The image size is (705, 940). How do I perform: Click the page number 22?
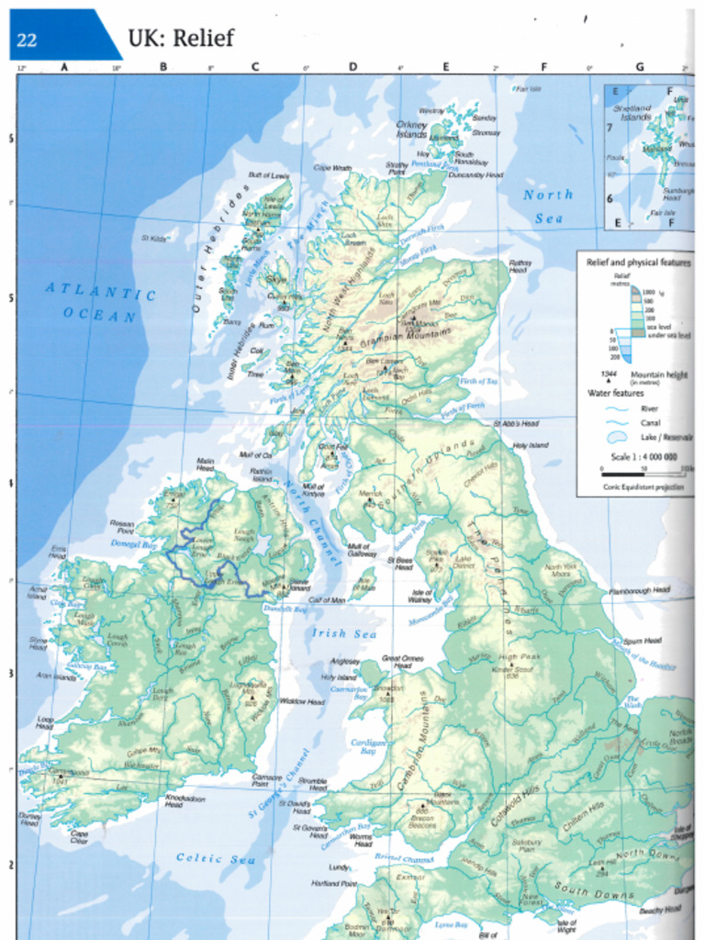[x=27, y=39]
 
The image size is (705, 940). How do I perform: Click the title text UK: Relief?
[x=180, y=38]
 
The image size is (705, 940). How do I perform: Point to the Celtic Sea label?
[x=216, y=859]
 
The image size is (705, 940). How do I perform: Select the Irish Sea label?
[x=343, y=632]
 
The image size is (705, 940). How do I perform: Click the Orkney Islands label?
[x=412, y=129]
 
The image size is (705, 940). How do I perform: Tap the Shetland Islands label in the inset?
[x=632, y=112]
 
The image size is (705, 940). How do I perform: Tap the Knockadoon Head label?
[x=185, y=800]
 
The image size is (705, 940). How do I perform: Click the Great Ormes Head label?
[x=403, y=661]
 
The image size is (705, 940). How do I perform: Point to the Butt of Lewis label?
[x=268, y=174]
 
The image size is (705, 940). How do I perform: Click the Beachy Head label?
[x=659, y=909]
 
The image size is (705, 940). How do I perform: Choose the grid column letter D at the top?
[x=352, y=66]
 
